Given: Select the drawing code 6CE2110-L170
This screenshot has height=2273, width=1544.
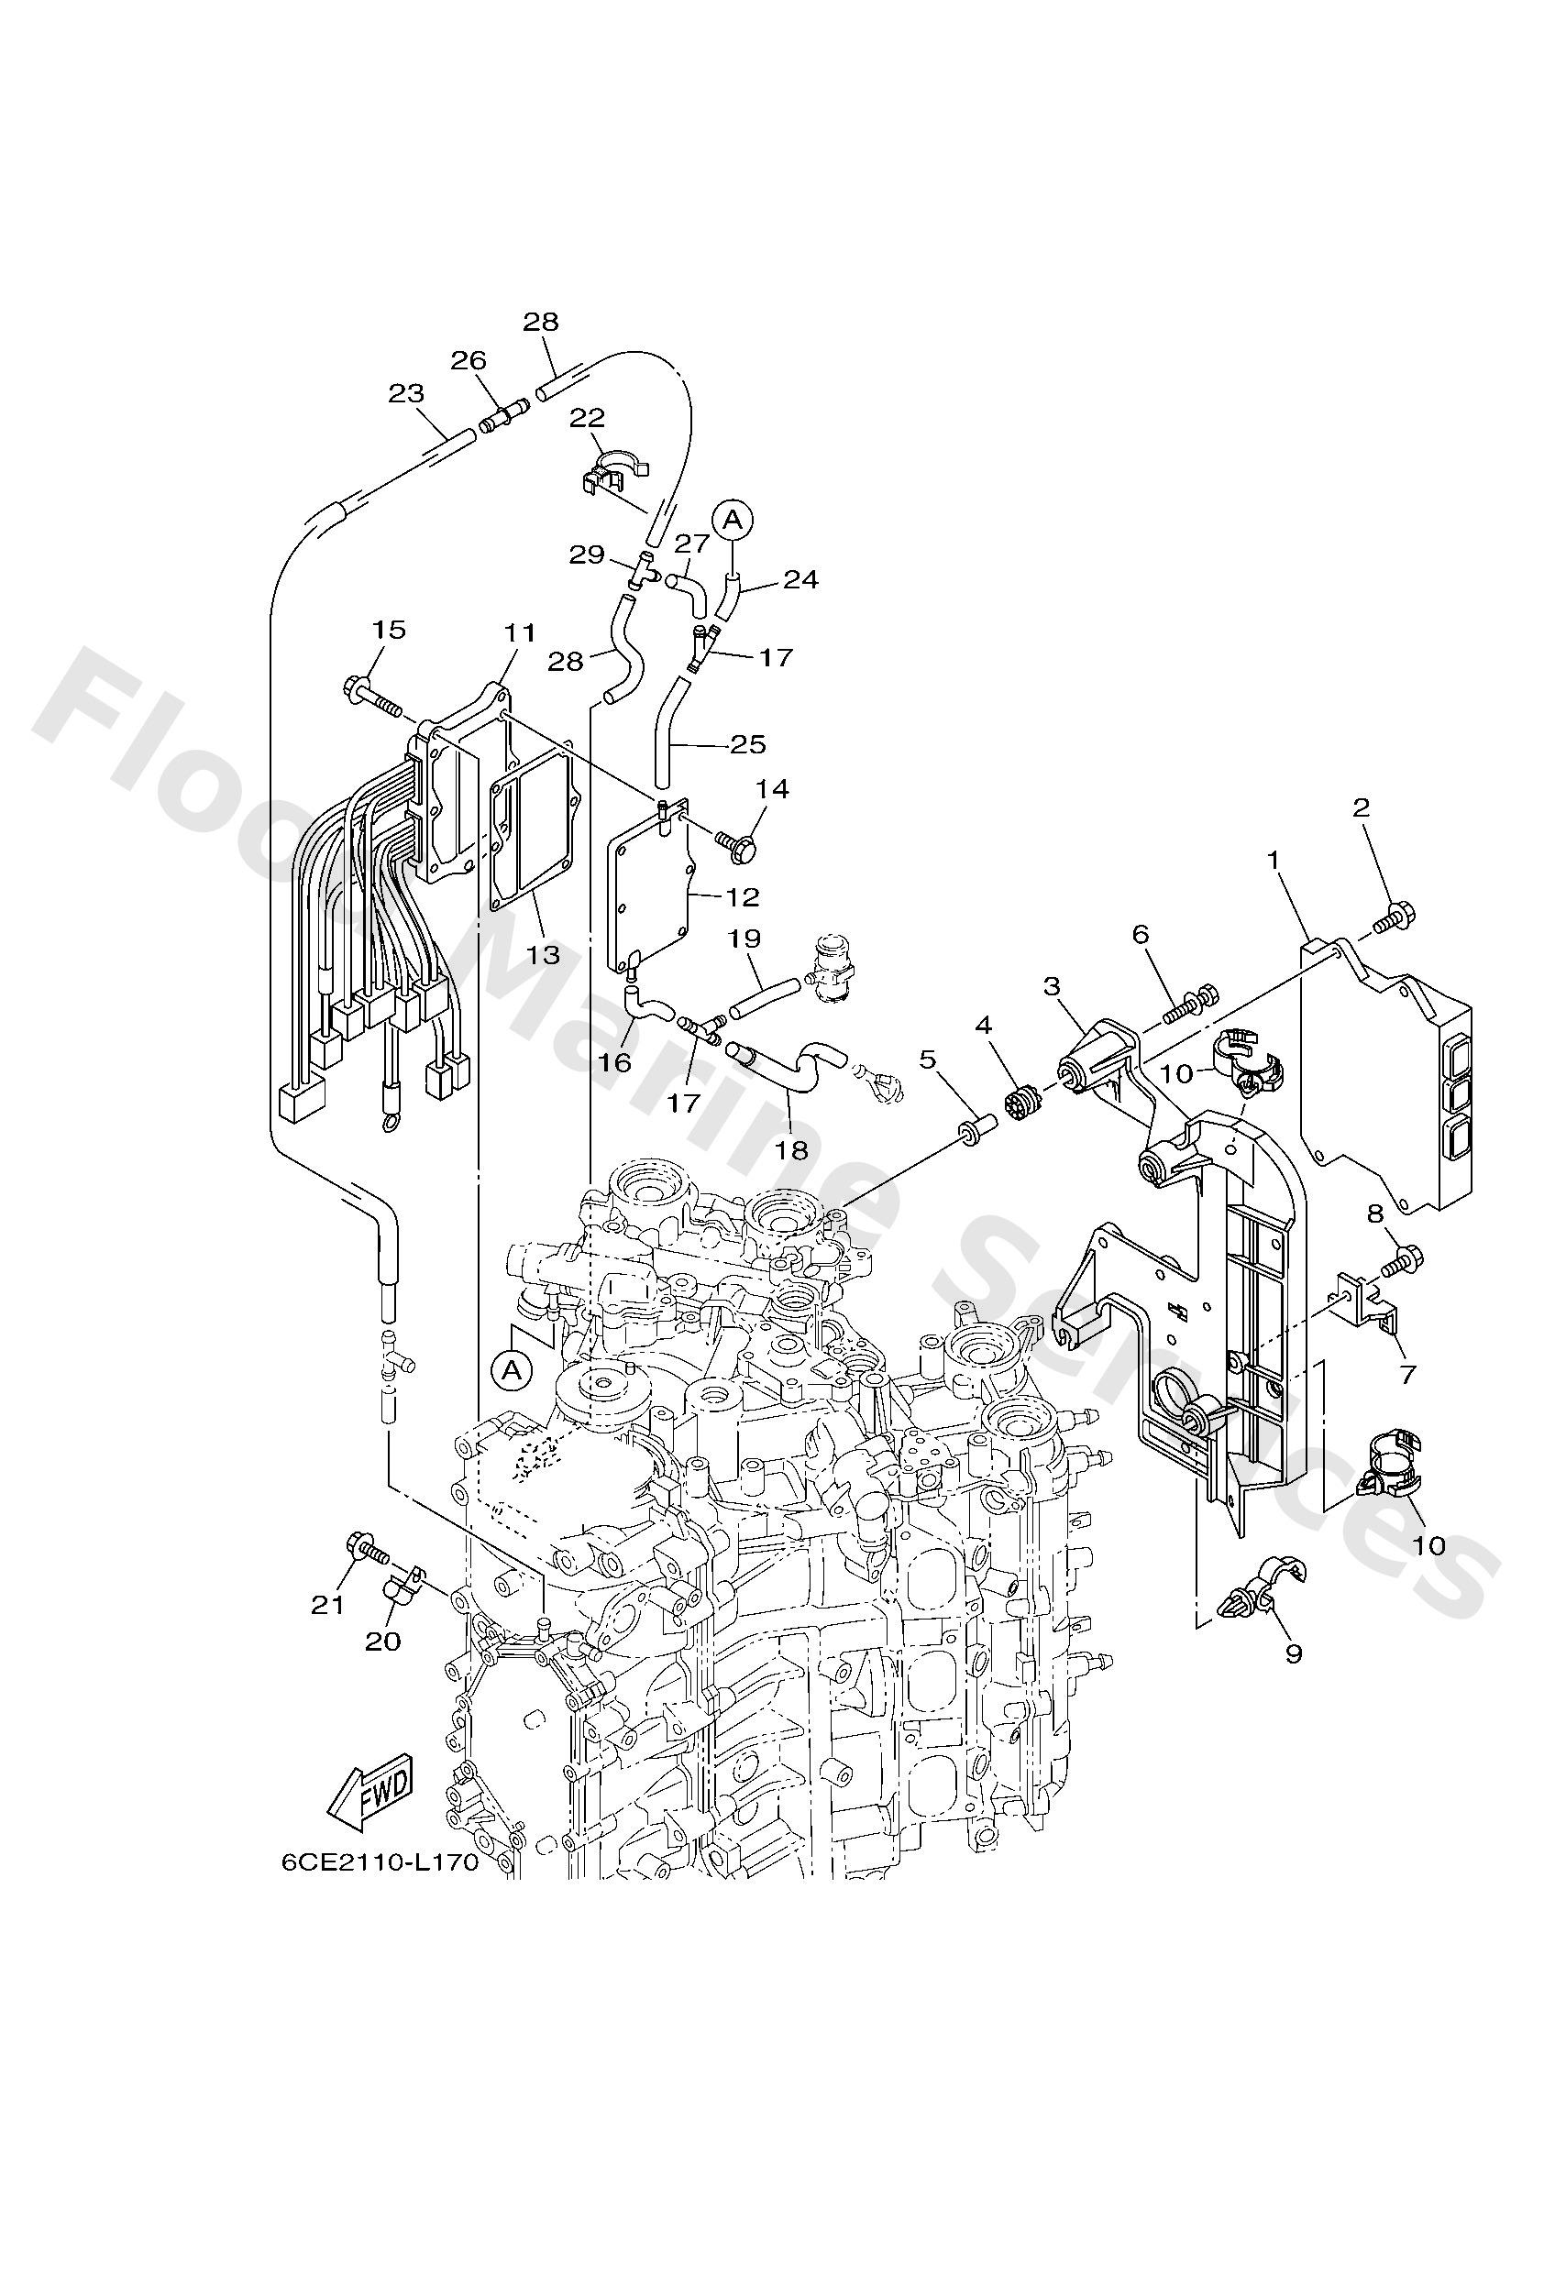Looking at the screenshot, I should point(380,1863).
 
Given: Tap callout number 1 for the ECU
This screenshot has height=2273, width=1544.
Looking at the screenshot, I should point(1273,860).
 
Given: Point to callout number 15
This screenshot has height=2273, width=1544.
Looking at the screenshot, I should point(389,629).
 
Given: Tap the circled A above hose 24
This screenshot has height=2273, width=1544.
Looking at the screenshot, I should point(733,519).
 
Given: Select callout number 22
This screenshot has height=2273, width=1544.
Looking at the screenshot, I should point(588,418).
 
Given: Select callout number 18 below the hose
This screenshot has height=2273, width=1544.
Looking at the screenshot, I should point(791,1149).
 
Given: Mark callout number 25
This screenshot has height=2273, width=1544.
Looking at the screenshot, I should point(747,744).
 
